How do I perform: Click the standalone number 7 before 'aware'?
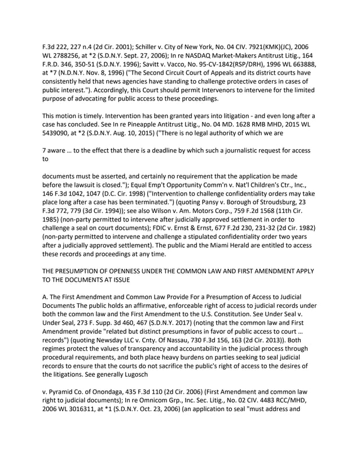tap(45, 150)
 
